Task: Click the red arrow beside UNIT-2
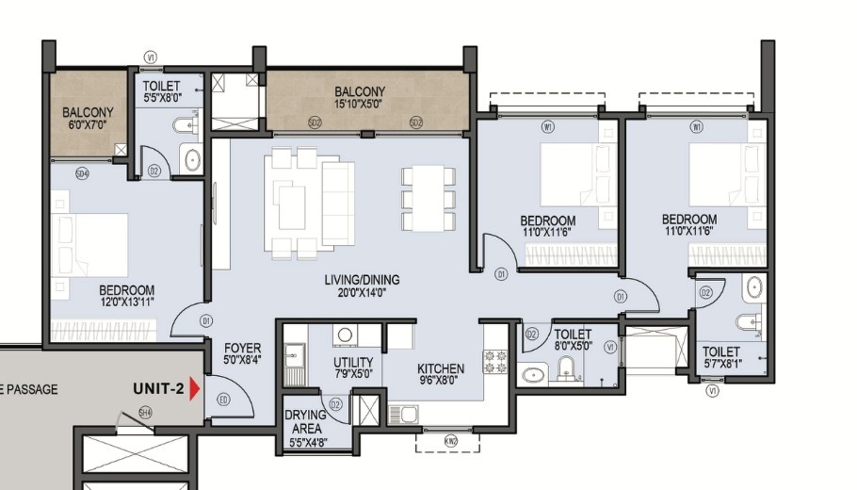tap(195, 388)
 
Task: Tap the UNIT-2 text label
tap(157, 388)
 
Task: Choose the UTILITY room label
tap(353, 363)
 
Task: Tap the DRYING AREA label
tap(306, 421)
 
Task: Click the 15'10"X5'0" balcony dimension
tap(360, 104)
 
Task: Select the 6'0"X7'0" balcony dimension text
tap(88, 124)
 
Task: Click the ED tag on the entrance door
tap(223, 400)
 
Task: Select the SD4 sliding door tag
tap(82, 172)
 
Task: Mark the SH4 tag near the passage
tap(144, 412)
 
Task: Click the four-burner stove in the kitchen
tap(495, 360)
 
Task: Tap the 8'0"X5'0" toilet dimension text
tap(573, 346)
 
